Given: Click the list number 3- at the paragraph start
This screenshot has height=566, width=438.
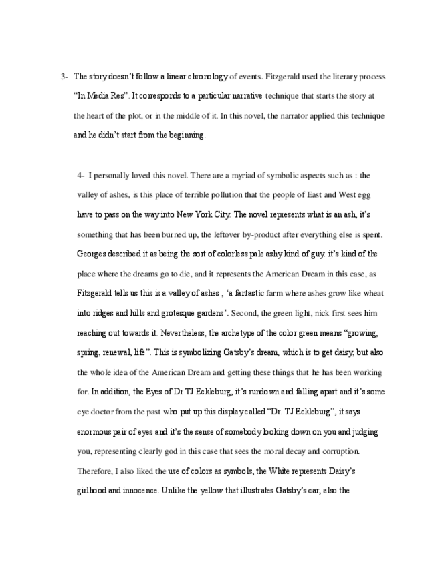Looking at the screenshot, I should coord(64,77).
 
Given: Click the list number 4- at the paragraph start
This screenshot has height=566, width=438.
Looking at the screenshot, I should coord(80,176).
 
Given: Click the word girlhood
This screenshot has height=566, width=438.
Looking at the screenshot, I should coord(94,489).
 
